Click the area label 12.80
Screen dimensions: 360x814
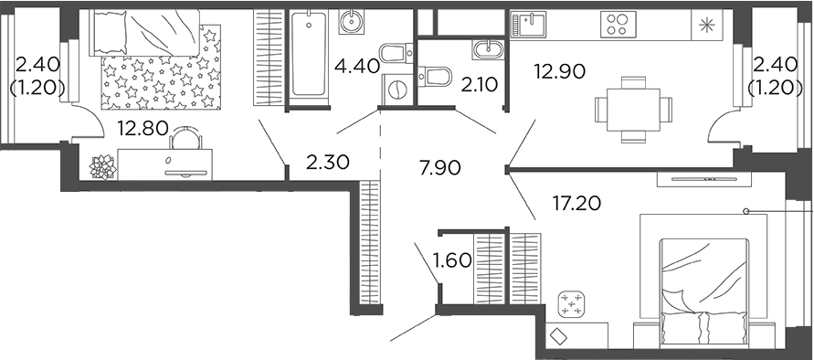142,129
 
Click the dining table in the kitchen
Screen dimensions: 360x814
628,108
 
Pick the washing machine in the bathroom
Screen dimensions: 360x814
396,89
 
